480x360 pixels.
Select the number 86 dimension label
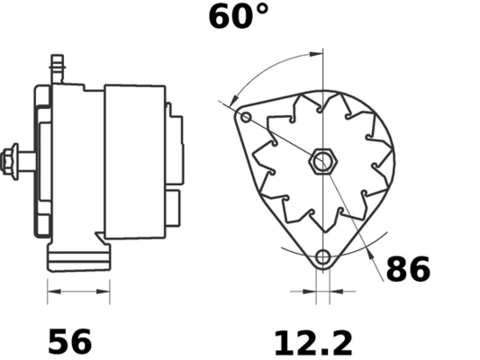[408, 269]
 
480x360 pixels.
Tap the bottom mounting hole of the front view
[323, 258]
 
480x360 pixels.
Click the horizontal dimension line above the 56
[78, 292]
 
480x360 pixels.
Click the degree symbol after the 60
[261, 10]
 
